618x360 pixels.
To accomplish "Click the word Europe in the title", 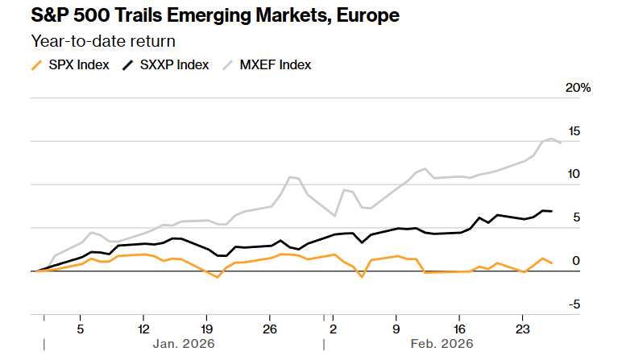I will pos(365,15).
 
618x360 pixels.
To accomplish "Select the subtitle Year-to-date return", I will pos(103,40).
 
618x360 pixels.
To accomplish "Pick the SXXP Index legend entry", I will pos(176,64).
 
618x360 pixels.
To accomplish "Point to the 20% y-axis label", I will pos(579,88).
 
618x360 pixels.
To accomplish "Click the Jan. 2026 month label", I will pos(184,344).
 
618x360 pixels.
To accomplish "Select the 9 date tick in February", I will pos(396,329).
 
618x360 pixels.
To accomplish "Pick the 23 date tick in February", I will pos(521,329).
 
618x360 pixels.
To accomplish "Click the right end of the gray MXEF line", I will pos(561,143).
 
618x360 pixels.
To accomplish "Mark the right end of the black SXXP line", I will pos(551,211).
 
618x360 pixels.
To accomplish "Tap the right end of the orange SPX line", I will pos(551,264).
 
